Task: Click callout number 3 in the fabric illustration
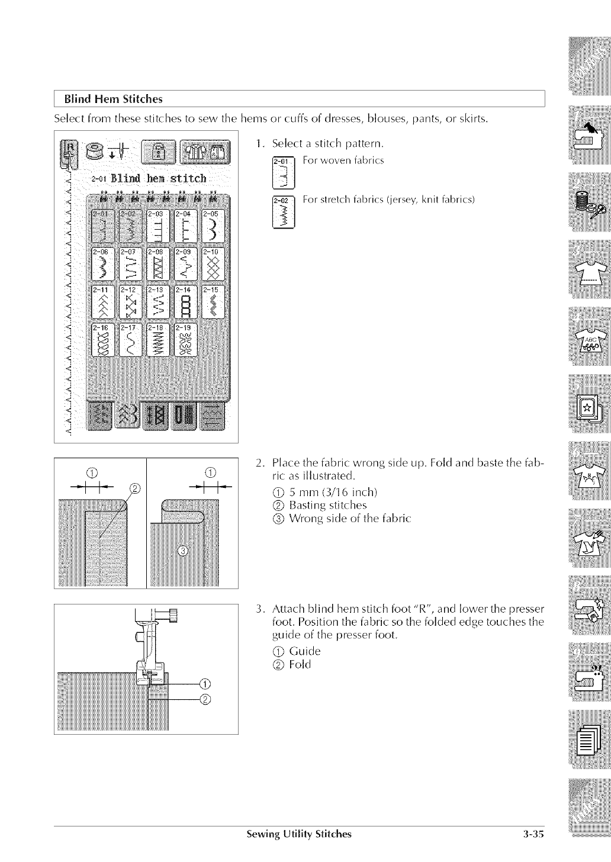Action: click(x=183, y=552)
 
